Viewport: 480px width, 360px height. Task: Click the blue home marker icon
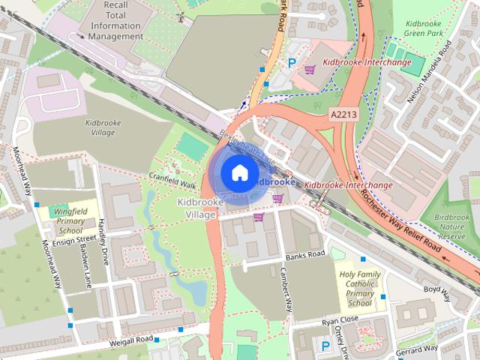coord(238,173)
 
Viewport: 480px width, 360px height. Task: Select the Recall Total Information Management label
coord(115,20)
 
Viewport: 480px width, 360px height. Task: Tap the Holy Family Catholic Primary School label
coord(358,289)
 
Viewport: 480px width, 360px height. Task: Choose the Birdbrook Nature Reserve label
coord(455,227)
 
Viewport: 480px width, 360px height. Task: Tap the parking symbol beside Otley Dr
coord(325,346)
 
